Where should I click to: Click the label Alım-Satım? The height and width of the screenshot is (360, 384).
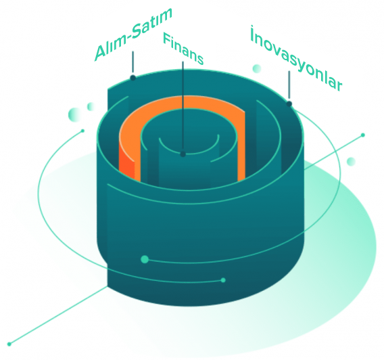(x=133, y=34)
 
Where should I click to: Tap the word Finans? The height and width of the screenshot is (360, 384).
(x=183, y=49)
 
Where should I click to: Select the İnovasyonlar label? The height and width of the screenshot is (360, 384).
(x=296, y=58)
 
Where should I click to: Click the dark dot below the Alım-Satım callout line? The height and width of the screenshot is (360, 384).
(x=133, y=78)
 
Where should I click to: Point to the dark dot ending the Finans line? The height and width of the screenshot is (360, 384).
(x=183, y=154)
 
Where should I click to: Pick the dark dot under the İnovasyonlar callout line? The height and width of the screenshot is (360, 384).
(x=289, y=104)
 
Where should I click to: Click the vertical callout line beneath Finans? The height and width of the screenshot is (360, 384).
(x=183, y=106)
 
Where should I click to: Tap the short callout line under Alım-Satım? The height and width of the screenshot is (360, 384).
(x=133, y=62)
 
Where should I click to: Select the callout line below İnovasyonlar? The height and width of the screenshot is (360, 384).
(x=289, y=85)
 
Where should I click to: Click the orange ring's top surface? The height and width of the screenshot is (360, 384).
(x=183, y=102)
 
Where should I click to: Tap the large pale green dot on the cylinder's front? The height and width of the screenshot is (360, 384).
(x=145, y=259)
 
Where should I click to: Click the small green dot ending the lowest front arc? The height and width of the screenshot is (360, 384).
(x=223, y=280)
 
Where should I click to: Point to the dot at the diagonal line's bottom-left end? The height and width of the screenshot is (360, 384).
(x=9, y=344)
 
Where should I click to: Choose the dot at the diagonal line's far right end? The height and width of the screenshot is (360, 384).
(x=363, y=135)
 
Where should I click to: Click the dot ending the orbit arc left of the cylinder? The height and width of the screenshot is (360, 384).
(x=82, y=131)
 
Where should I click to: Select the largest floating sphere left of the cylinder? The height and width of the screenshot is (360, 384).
(x=75, y=114)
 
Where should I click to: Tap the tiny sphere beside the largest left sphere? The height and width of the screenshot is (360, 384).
(x=91, y=107)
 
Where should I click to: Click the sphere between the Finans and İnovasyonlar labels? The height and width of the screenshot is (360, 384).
(x=257, y=68)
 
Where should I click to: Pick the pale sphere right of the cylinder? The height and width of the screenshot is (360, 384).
(x=351, y=162)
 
